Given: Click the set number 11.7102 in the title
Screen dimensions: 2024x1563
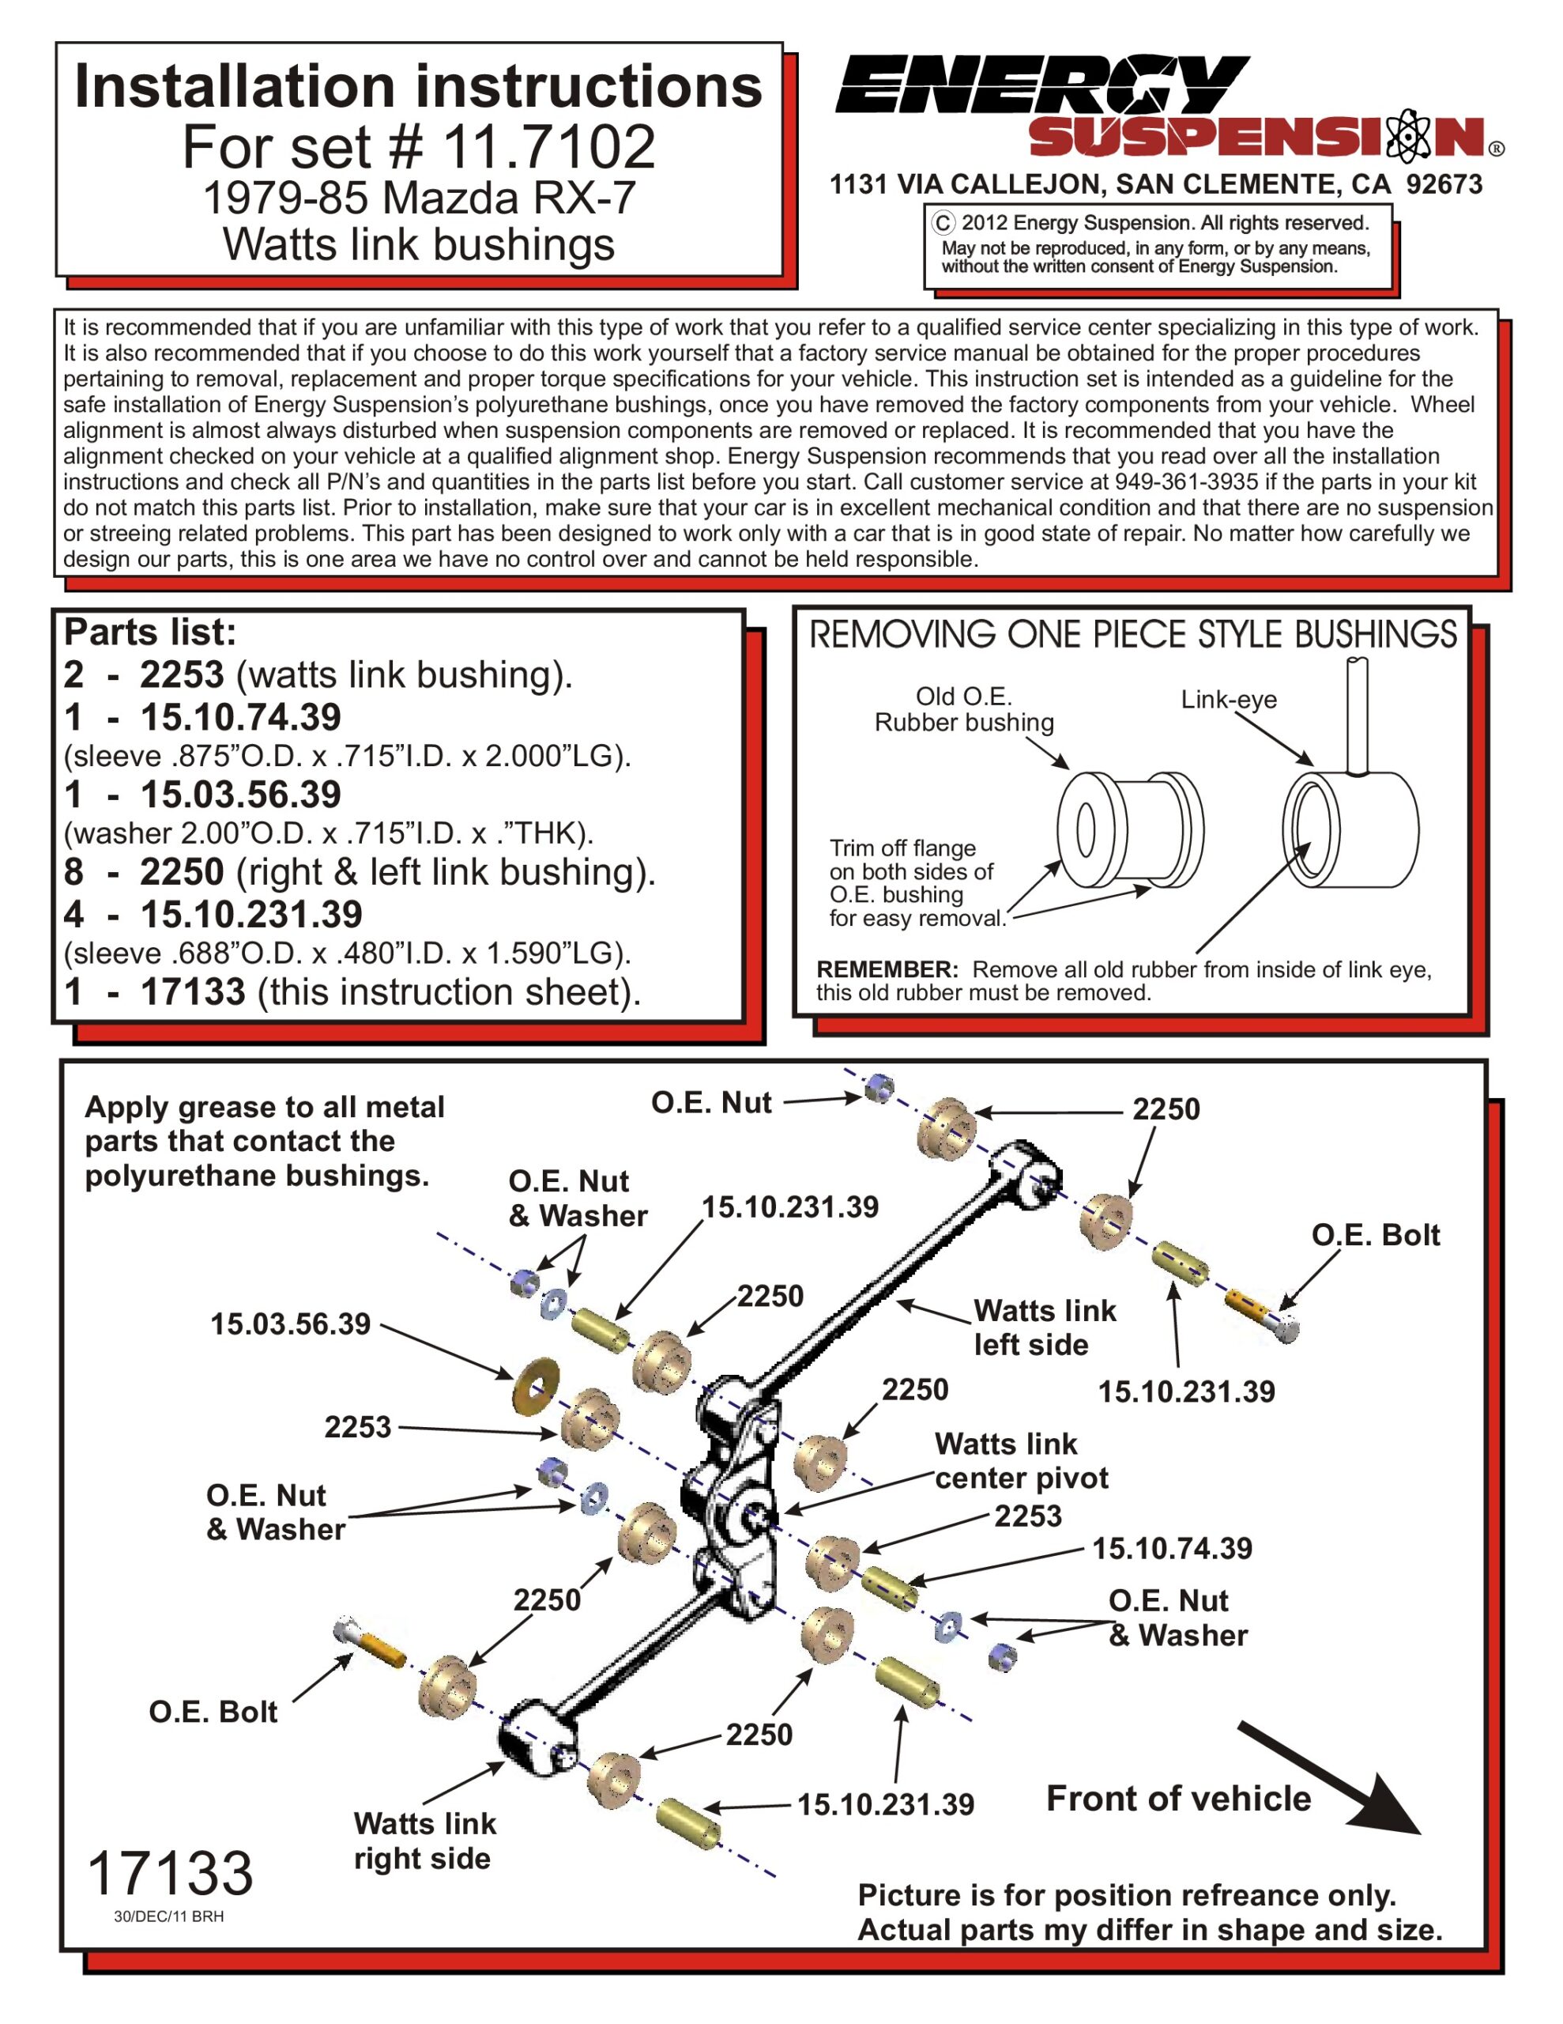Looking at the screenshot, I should pos(548,146).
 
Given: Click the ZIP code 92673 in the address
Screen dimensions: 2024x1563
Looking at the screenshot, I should pos(1444,184).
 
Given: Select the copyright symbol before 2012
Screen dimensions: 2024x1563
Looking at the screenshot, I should pos(942,223).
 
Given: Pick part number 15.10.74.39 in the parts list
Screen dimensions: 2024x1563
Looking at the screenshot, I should pos(240,717).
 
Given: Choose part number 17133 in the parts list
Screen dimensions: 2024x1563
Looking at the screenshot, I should pos(193,991).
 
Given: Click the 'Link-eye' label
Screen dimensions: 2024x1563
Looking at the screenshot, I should pos(1228,700).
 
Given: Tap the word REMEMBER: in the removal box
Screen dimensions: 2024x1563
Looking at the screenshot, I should pos(887,969).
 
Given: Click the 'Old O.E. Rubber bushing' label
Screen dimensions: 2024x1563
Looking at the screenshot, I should pos(963,710).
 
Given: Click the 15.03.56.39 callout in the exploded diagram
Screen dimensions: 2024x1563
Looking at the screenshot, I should pos(290,1324).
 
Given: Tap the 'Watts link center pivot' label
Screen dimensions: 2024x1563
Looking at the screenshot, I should pos(1020,1460).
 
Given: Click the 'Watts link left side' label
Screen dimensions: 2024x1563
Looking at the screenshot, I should pos(1044,1327).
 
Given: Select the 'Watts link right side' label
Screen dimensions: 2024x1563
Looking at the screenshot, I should pos(424,1841).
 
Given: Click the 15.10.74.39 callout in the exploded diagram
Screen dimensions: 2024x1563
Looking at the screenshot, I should pos(1171,1548).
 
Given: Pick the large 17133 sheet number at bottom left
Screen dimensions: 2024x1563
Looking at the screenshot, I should pos(170,1872).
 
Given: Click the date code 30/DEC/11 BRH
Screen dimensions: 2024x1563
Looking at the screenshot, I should pos(168,1916).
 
